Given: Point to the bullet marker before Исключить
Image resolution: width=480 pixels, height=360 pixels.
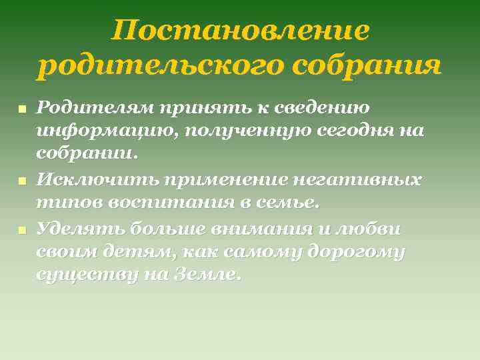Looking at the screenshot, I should coord(22,181).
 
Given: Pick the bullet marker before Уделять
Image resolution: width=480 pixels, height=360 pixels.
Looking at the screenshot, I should coord(22,230).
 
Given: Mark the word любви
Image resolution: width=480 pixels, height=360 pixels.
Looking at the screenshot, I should coord(370,229).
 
